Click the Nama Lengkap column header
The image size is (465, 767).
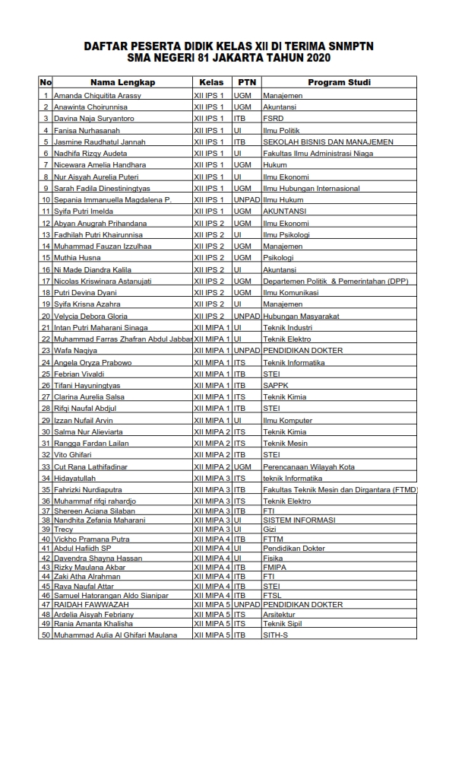point(122,82)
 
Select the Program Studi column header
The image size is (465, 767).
point(339,82)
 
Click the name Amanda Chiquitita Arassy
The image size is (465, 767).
point(97,96)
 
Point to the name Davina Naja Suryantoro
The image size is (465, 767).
point(94,119)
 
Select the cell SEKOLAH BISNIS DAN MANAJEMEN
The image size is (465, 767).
point(328,142)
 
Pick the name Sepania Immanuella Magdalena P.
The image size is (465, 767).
point(112,200)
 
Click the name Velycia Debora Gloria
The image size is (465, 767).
point(90,316)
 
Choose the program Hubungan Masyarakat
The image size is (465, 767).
point(301,316)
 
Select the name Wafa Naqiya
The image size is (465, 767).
point(75,351)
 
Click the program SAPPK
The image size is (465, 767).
point(275,386)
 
